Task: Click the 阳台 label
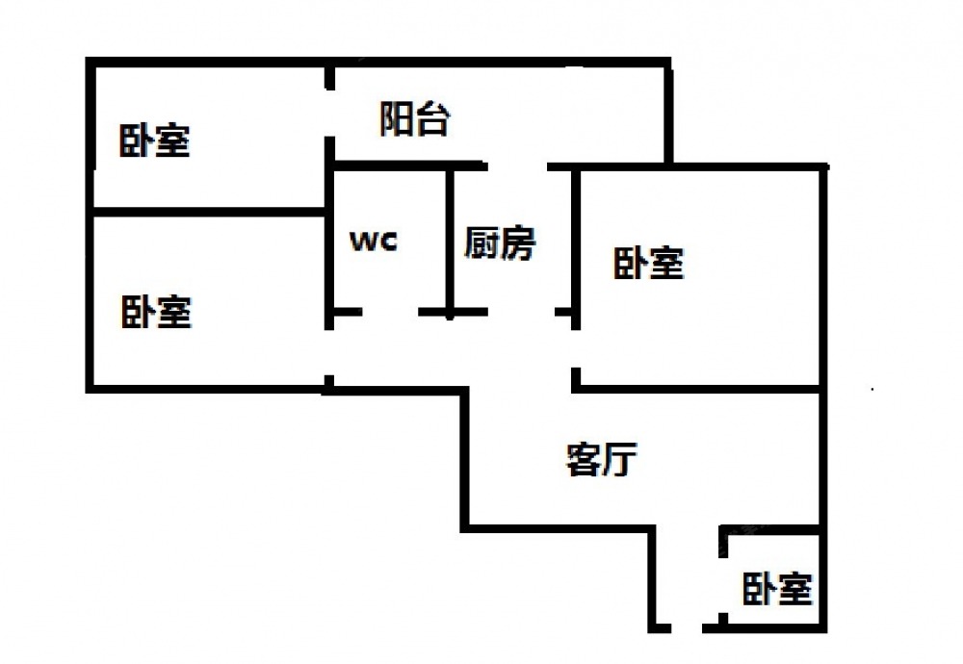tap(414, 120)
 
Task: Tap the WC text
tap(373, 241)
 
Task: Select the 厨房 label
tap(499, 243)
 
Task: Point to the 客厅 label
tap(599, 460)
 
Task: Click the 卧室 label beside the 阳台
tap(154, 141)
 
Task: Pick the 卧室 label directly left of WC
tap(156, 312)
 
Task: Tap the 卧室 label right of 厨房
tap(648, 262)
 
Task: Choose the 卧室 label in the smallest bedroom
tap(776, 588)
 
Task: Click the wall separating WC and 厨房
tap(449, 241)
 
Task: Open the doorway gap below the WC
tap(390, 313)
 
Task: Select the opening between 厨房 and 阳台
tap(516, 166)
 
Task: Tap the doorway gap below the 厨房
tap(520, 313)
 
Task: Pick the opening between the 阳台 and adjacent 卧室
tap(329, 115)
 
